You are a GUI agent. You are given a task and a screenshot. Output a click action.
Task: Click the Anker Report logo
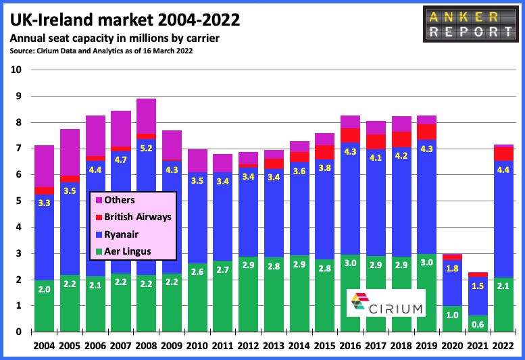(x=470, y=24)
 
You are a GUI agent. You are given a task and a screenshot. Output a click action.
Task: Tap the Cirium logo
(x=386, y=303)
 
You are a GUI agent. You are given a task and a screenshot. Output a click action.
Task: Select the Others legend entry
(x=115, y=200)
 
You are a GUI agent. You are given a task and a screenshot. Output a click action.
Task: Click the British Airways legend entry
(x=133, y=217)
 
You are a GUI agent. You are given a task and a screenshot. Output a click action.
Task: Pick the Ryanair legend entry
(x=117, y=234)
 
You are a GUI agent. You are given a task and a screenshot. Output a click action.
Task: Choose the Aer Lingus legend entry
(x=123, y=251)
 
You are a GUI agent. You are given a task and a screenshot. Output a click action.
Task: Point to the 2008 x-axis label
(x=147, y=346)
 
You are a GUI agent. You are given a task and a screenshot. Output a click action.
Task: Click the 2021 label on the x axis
(x=478, y=346)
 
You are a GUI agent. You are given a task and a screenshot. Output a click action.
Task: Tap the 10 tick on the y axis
(x=16, y=70)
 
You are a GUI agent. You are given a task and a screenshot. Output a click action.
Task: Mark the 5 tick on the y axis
(x=18, y=201)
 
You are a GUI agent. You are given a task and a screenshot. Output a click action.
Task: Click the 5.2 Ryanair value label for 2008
(x=147, y=148)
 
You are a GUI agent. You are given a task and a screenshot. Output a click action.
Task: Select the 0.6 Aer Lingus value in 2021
(x=478, y=324)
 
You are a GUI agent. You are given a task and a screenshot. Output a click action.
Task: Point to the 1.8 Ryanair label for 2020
(x=452, y=268)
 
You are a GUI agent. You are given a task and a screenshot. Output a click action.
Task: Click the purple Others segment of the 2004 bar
(x=44, y=166)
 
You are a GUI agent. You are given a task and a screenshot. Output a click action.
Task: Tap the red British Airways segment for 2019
(x=426, y=132)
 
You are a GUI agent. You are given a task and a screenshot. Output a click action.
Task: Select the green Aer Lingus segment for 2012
(x=248, y=294)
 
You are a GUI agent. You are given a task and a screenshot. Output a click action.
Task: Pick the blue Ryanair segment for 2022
(x=503, y=219)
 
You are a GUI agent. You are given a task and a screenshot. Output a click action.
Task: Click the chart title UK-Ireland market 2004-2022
(x=125, y=20)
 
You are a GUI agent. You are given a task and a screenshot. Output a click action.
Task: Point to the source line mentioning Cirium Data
(x=101, y=51)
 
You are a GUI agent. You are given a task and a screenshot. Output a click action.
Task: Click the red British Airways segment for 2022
(x=503, y=154)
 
